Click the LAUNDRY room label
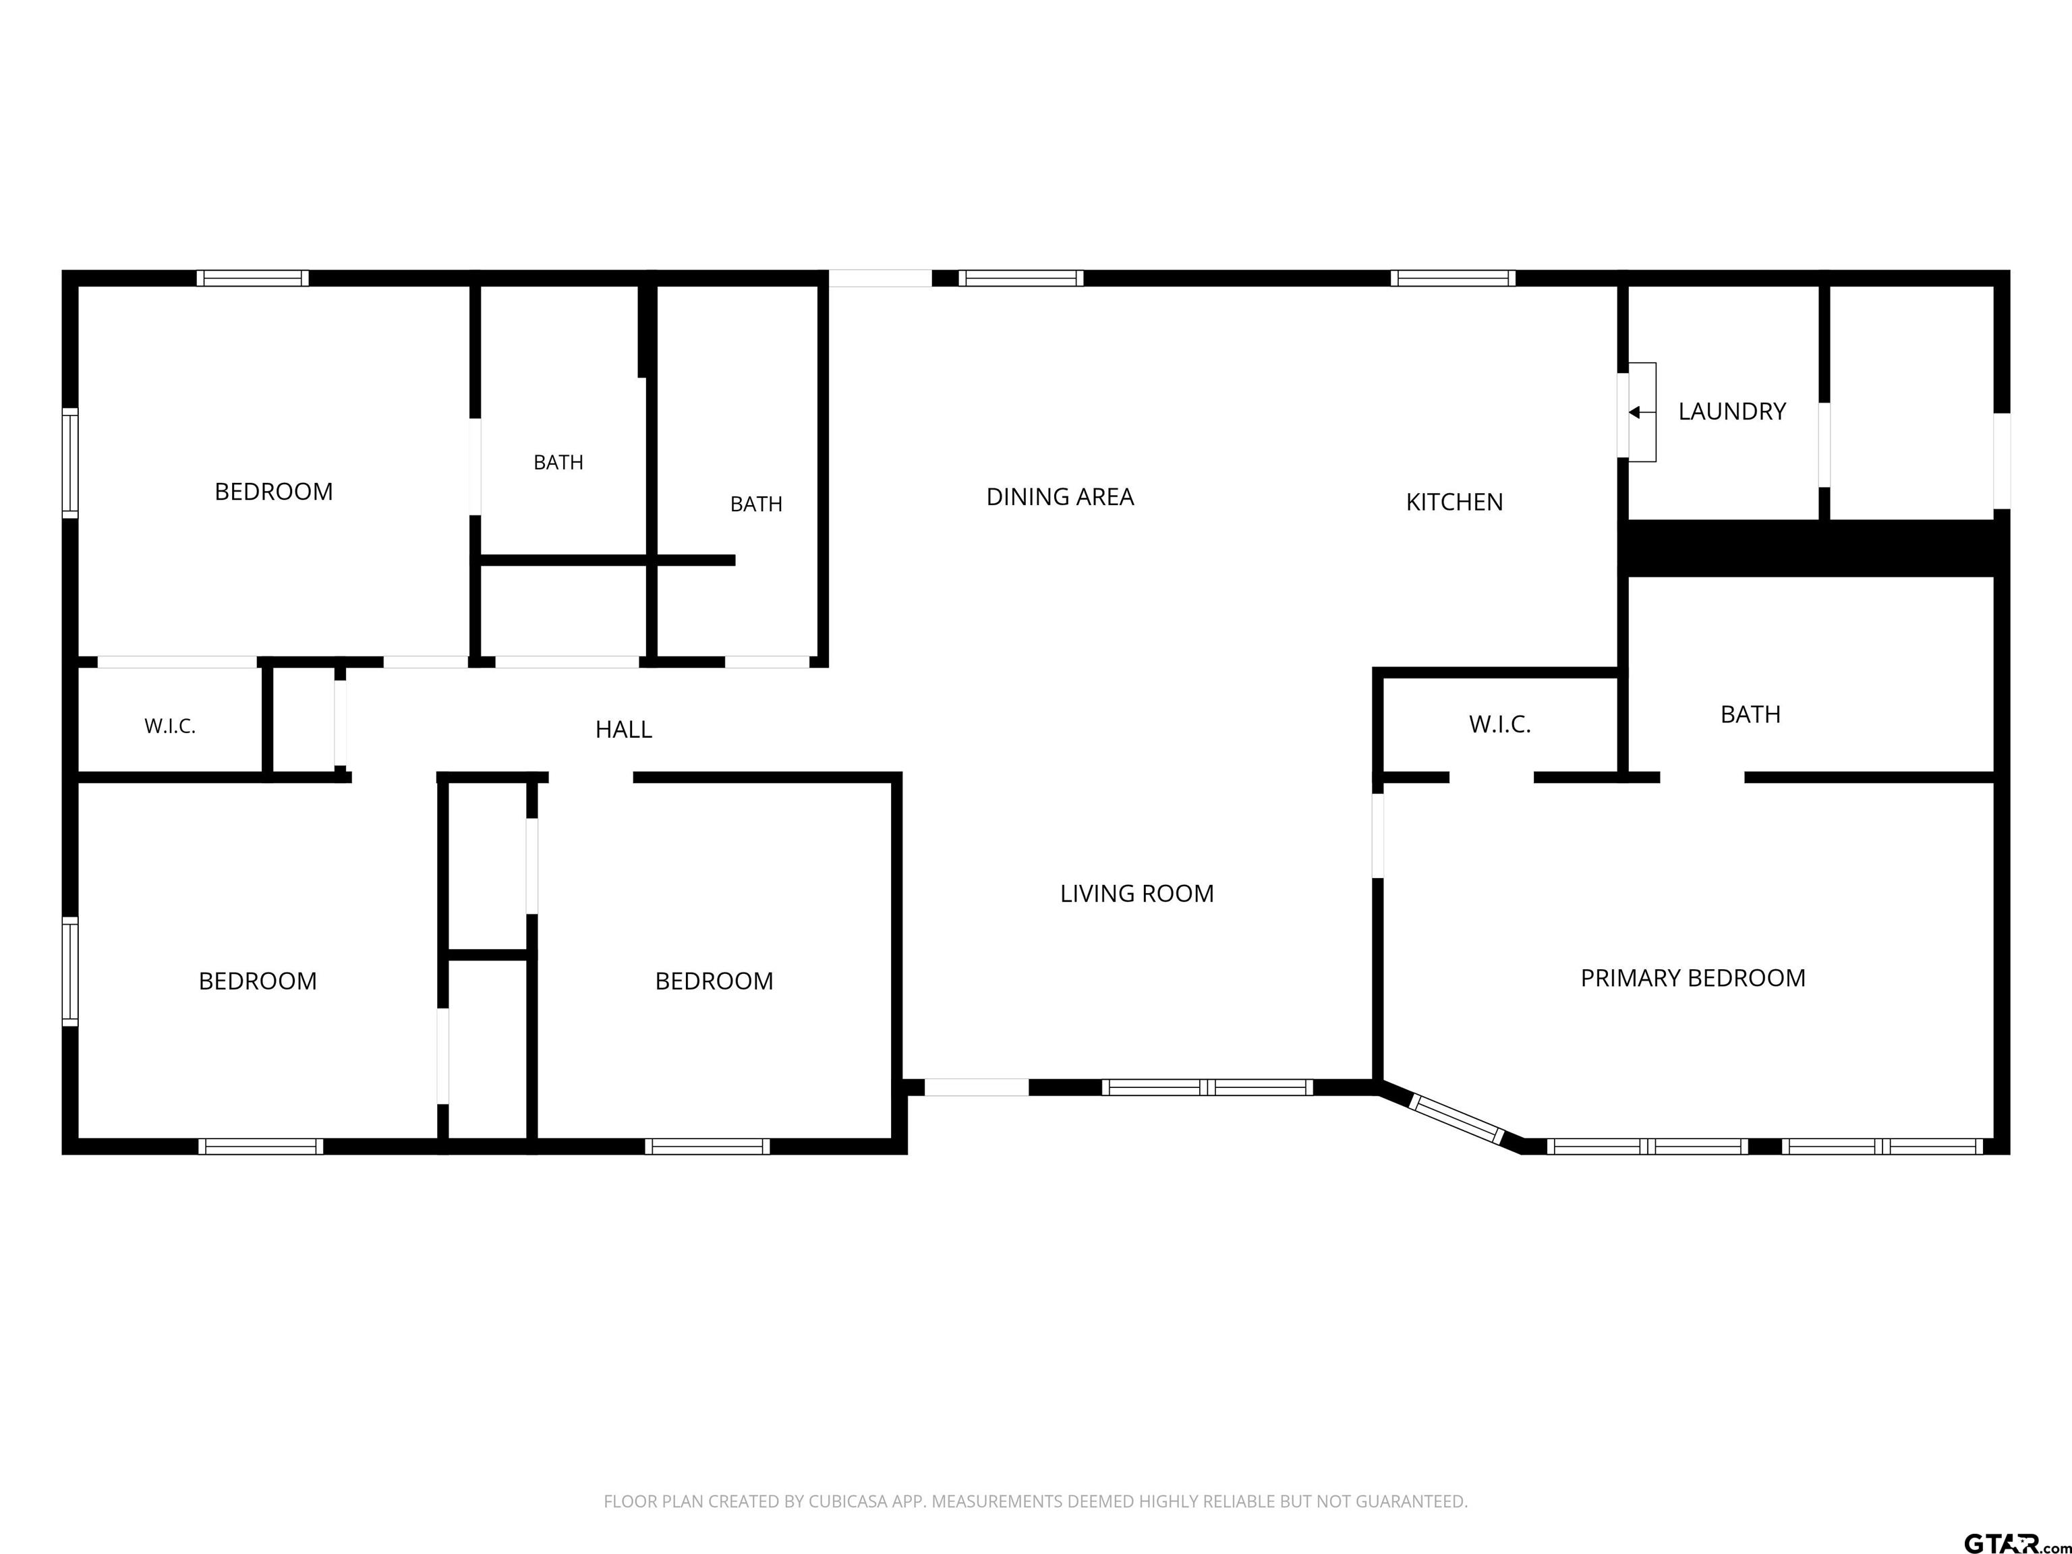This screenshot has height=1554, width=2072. pyautogui.click(x=1732, y=411)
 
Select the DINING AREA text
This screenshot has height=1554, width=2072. pyautogui.click(x=1060, y=496)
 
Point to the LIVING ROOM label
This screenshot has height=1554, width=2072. pyautogui.click(x=1136, y=894)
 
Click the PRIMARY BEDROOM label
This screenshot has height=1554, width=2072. pyautogui.click(x=1693, y=978)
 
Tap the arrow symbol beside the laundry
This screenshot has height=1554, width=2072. pyautogui.click(x=1641, y=412)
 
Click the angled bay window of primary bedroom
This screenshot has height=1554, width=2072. pyautogui.click(x=1456, y=1120)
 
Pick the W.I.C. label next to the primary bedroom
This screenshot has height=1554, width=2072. pyautogui.click(x=1499, y=724)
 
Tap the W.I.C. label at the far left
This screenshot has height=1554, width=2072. pyautogui.click(x=169, y=726)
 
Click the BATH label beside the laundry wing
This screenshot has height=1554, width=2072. pyautogui.click(x=1750, y=715)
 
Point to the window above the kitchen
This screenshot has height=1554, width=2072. pyautogui.click(x=1452, y=278)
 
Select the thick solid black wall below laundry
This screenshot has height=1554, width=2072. pyautogui.click(x=1814, y=548)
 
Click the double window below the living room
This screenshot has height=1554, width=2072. pyautogui.click(x=1207, y=1087)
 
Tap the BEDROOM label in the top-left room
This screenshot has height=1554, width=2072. pyautogui.click(x=274, y=492)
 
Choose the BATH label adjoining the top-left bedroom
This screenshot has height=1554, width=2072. pyautogui.click(x=558, y=463)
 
